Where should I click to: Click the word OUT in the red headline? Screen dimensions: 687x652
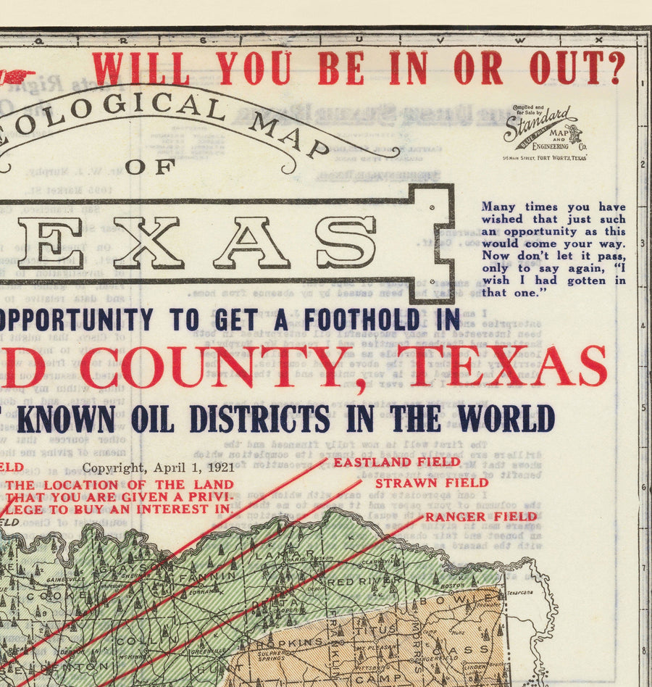tap(577, 68)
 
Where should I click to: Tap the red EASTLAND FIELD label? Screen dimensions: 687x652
tap(386, 461)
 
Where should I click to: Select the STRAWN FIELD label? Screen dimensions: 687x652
tap(432, 482)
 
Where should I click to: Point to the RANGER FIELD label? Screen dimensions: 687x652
tap(481, 517)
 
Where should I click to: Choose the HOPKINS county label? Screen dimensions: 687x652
tap(288, 641)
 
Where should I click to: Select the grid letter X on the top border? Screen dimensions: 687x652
tap(598, 39)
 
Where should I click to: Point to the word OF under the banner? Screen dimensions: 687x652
tap(150, 167)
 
